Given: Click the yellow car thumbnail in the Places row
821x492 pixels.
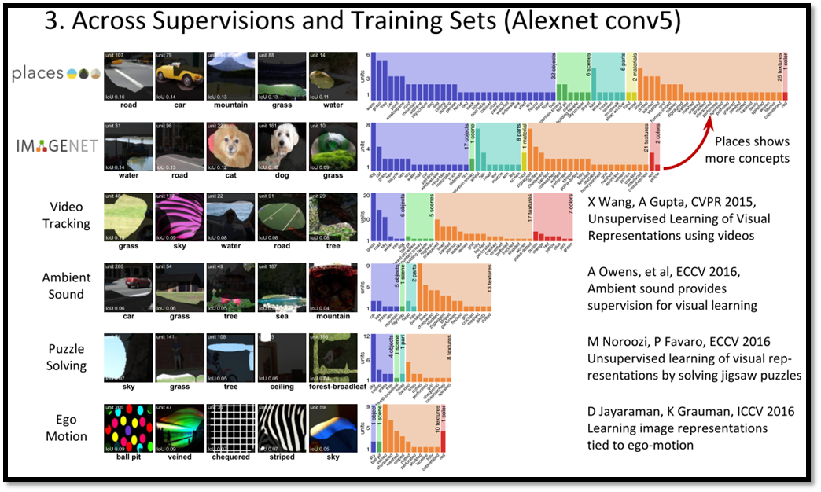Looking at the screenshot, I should (179, 74).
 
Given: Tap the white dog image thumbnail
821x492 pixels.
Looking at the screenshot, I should (281, 145).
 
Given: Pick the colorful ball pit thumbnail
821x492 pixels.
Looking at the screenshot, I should (128, 428).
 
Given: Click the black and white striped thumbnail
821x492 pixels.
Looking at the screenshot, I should (281, 428).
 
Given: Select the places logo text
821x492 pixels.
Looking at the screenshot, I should (38, 73).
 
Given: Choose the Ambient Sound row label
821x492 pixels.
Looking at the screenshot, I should (66, 286).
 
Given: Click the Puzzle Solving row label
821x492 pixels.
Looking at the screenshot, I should (66, 357).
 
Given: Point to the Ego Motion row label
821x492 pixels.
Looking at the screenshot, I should (66, 428).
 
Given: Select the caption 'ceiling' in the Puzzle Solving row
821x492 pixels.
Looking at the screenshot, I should (281, 387).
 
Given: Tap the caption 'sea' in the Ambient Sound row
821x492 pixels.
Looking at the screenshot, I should (281, 316).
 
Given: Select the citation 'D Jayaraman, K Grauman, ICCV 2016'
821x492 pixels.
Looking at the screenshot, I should (691, 412).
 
